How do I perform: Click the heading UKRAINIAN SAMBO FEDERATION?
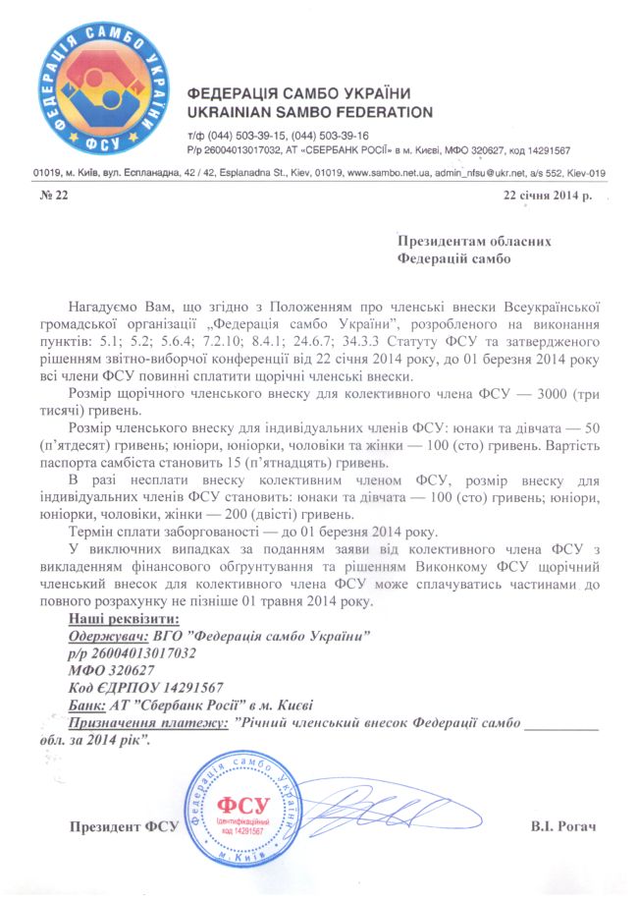(x=309, y=112)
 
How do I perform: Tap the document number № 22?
(x=54, y=197)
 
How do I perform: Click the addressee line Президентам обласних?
(x=472, y=241)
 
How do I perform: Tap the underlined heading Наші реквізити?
(x=124, y=620)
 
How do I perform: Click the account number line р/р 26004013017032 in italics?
(x=132, y=652)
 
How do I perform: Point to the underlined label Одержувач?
(x=104, y=636)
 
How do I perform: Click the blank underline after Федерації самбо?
(x=561, y=724)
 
